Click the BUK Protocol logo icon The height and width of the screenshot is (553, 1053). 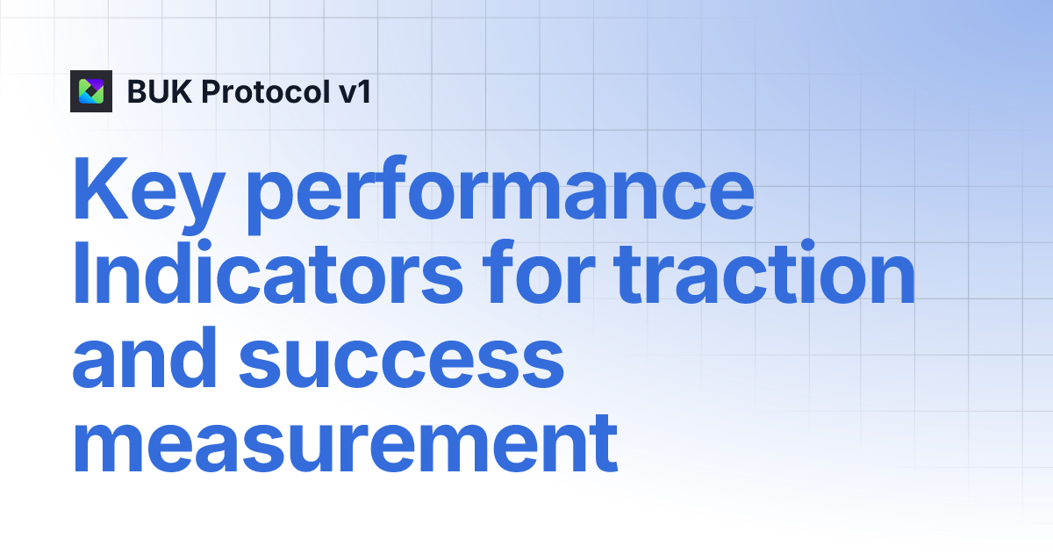[x=91, y=91]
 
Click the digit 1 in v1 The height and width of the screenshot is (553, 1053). [x=363, y=91]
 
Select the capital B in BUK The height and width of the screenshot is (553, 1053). [x=138, y=91]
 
